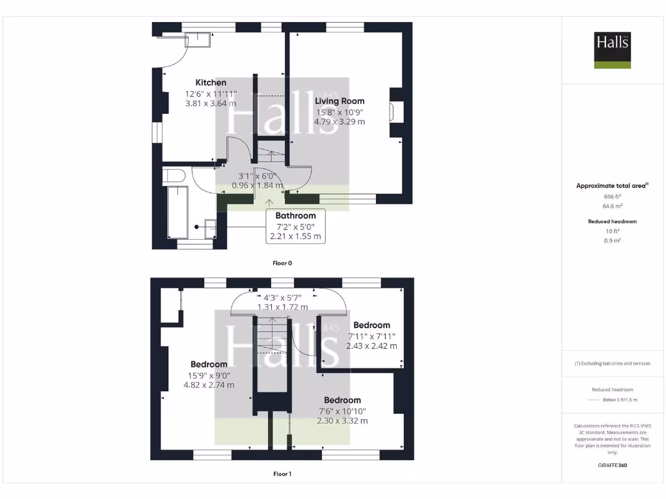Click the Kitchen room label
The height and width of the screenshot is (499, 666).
(x=211, y=83)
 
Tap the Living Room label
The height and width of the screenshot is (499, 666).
(x=340, y=101)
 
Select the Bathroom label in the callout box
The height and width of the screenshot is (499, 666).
(x=295, y=216)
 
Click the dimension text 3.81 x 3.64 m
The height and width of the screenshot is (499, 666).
(x=211, y=103)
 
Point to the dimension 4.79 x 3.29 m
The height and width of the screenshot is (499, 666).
(x=340, y=121)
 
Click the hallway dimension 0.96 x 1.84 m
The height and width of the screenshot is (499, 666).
(x=258, y=185)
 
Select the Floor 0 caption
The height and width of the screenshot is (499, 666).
(x=282, y=263)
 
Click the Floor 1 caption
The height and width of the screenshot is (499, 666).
(x=282, y=474)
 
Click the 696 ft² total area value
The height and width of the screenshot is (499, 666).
(x=612, y=196)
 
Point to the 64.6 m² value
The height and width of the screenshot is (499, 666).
(x=612, y=206)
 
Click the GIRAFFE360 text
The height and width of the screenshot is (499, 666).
(x=612, y=465)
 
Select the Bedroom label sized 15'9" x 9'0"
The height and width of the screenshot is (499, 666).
(x=209, y=365)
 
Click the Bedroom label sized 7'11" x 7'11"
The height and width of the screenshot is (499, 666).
(x=371, y=325)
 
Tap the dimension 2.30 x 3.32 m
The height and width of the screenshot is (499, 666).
(x=342, y=420)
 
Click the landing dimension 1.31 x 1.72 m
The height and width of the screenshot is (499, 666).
(x=282, y=307)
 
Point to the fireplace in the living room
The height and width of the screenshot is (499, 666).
(x=395, y=112)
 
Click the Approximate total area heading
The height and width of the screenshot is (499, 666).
(x=612, y=186)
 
